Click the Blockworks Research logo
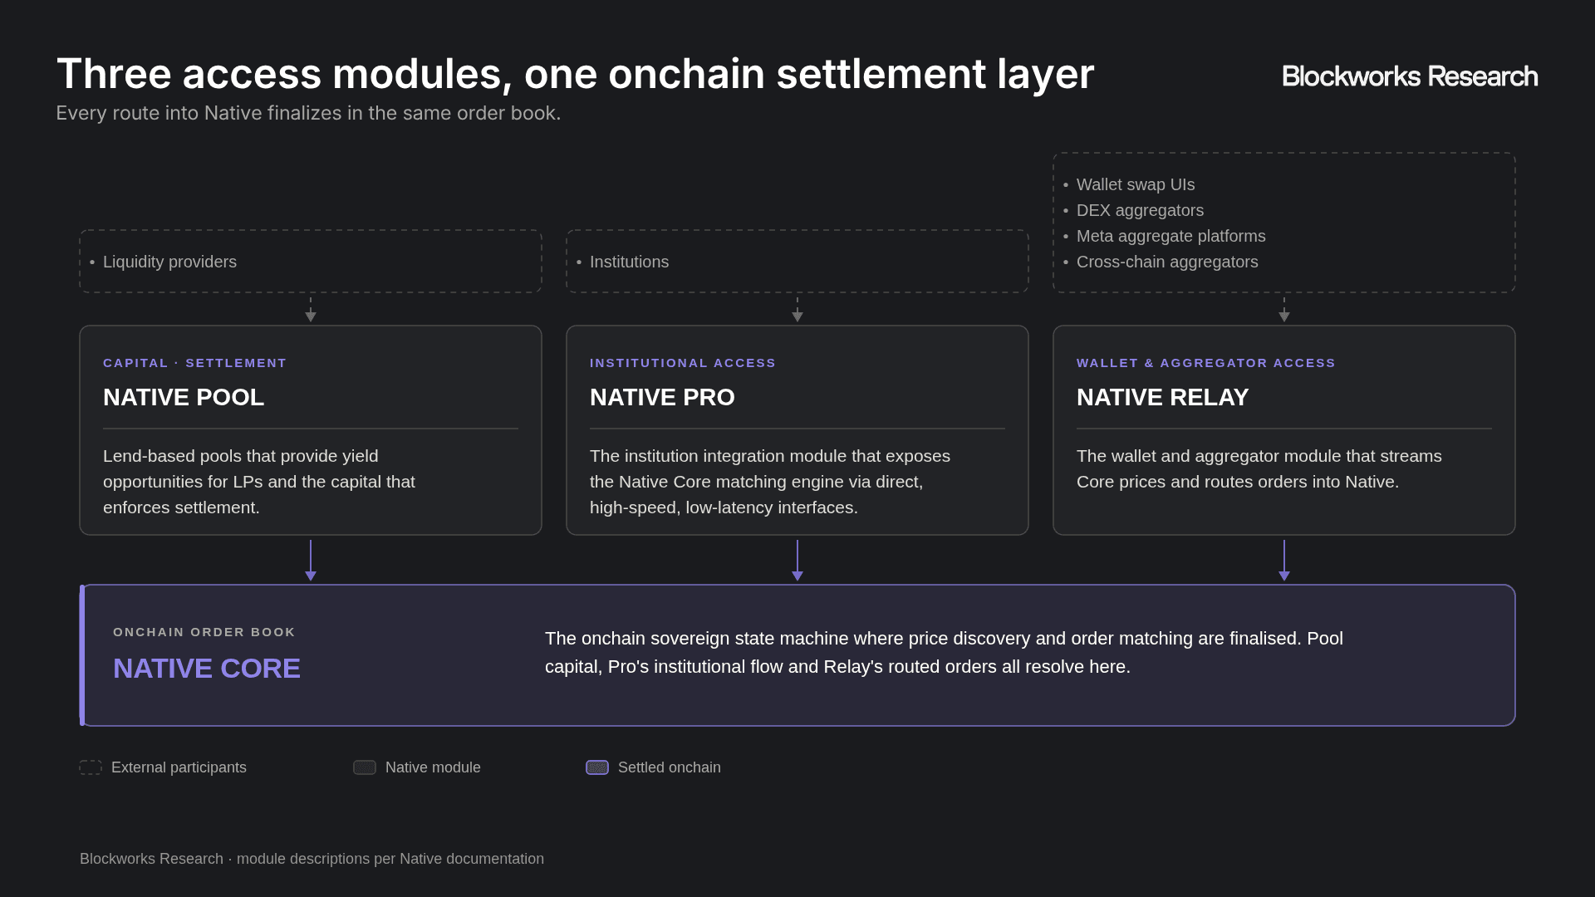click(x=1410, y=76)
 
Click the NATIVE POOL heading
click(x=184, y=397)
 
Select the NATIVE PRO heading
click(x=662, y=397)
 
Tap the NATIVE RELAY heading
click(x=1162, y=397)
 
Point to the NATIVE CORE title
click(x=207, y=669)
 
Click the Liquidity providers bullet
click(x=169, y=262)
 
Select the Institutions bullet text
click(x=629, y=262)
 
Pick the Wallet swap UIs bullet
click(x=1136, y=184)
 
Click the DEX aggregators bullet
click(x=1140, y=210)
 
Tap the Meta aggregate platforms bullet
click(x=1171, y=236)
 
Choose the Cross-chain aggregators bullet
click(x=1167, y=262)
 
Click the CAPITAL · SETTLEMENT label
click(x=194, y=363)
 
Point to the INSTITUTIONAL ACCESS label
click(x=683, y=363)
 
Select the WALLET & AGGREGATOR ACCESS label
click(x=1206, y=363)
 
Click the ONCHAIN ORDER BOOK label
click(x=204, y=632)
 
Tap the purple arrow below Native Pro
click(x=797, y=561)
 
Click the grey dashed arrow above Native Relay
click(x=1284, y=310)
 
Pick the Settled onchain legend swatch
click(x=597, y=767)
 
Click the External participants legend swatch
click(x=91, y=767)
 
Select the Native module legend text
click(x=433, y=767)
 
